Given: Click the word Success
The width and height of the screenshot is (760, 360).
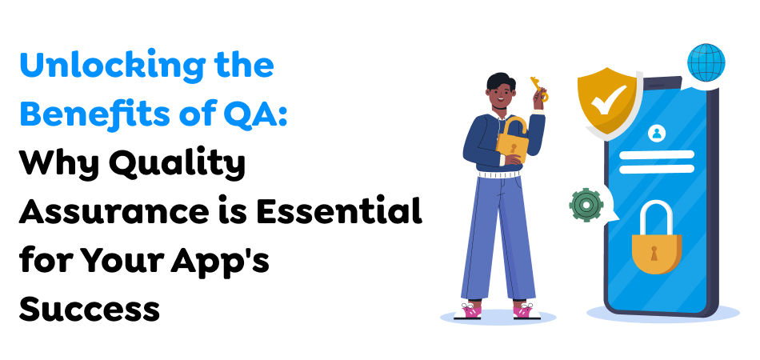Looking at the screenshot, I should (x=90, y=309).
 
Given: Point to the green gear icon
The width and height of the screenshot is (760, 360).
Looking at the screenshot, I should (x=586, y=205).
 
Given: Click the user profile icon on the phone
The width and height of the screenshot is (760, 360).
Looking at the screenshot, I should (x=658, y=134).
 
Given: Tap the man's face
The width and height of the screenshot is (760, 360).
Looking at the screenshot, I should (x=498, y=95).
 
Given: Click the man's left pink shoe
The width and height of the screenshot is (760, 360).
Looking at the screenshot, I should (x=471, y=308).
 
